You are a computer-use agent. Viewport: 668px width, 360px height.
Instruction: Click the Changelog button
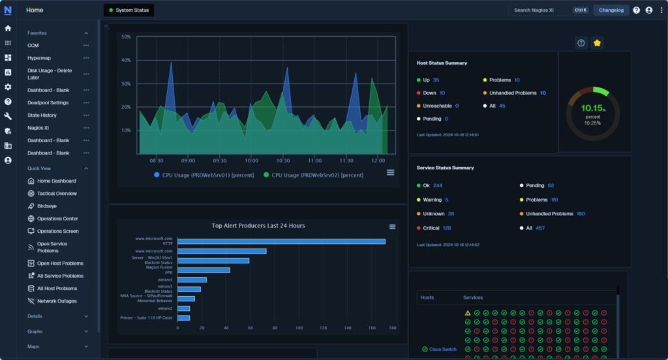(611, 10)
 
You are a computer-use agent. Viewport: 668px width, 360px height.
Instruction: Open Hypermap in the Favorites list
(39, 58)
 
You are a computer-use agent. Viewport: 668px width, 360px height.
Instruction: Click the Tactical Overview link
(57, 194)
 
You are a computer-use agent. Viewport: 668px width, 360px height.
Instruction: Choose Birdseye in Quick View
(47, 206)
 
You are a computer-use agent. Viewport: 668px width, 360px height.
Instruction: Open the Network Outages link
(57, 301)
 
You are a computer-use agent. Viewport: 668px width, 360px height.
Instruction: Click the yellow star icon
(597, 43)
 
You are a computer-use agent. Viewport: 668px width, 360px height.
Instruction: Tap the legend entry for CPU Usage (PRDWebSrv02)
(313, 175)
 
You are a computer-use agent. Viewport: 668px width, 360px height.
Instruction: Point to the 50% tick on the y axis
(126, 37)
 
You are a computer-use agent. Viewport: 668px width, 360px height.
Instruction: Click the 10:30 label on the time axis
(283, 160)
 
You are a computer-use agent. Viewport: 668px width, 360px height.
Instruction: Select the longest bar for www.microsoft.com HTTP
(281, 241)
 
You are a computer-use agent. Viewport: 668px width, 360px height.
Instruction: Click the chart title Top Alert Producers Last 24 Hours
(258, 226)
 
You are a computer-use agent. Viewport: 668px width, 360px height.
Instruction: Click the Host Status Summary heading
(441, 63)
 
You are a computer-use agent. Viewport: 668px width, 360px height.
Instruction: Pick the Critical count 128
(447, 228)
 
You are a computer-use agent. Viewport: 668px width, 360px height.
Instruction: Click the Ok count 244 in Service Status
(438, 185)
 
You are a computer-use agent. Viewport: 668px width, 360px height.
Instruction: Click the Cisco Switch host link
(442, 350)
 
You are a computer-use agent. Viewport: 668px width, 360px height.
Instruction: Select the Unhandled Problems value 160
(581, 214)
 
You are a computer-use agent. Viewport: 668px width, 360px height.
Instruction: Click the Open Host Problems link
(60, 263)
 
